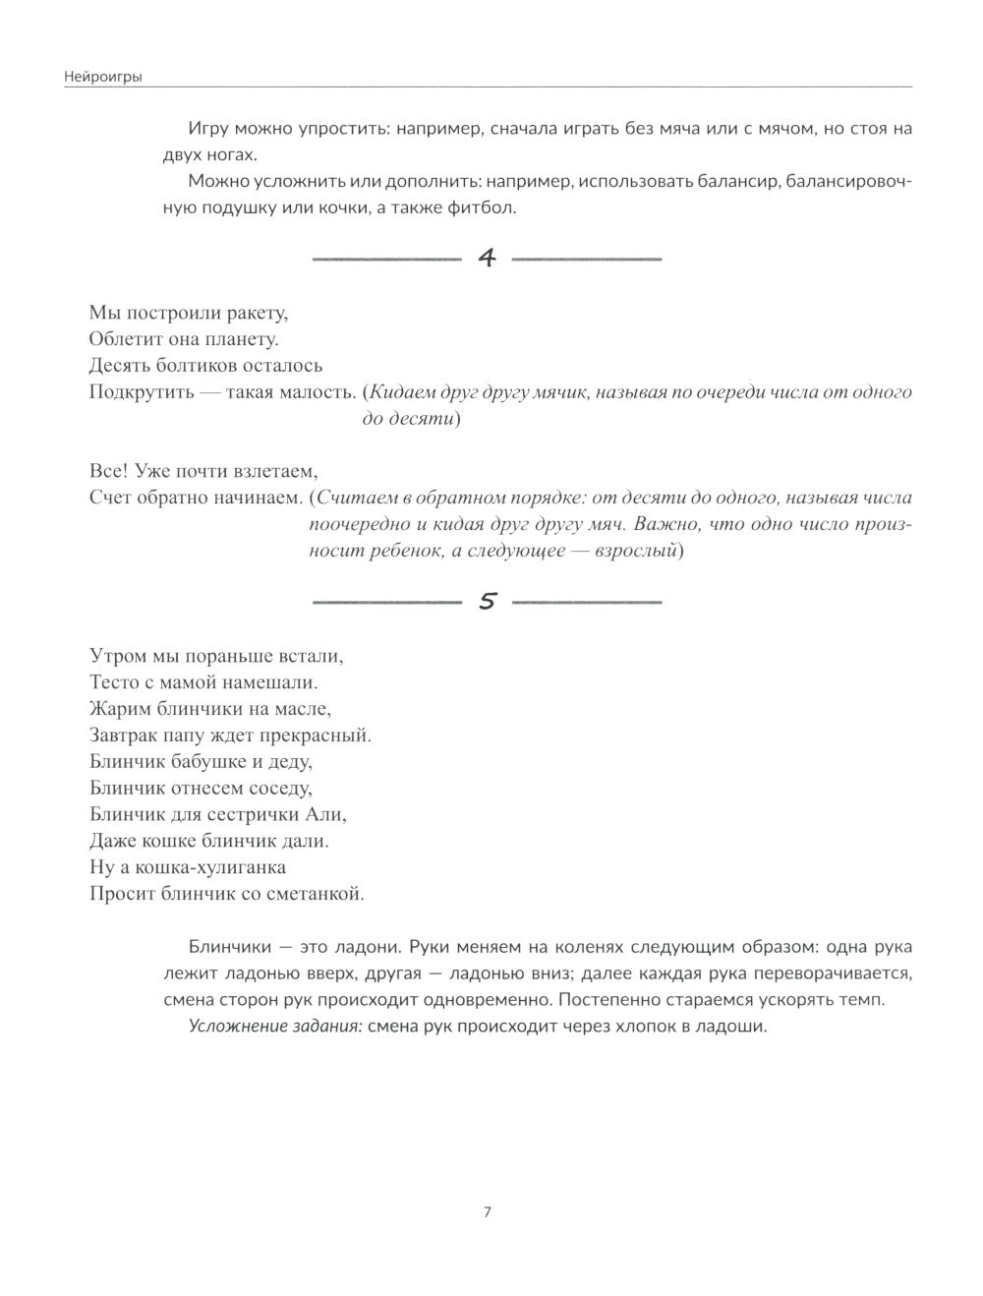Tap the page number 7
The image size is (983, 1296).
[x=488, y=1211]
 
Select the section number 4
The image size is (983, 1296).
[x=488, y=259]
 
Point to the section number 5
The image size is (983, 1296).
[x=488, y=601]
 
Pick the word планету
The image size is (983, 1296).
[x=242, y=339]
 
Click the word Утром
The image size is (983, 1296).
[x=115, y=655]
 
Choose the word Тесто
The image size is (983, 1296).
[x=114, y=681]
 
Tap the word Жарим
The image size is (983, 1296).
[x=118, y=708]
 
